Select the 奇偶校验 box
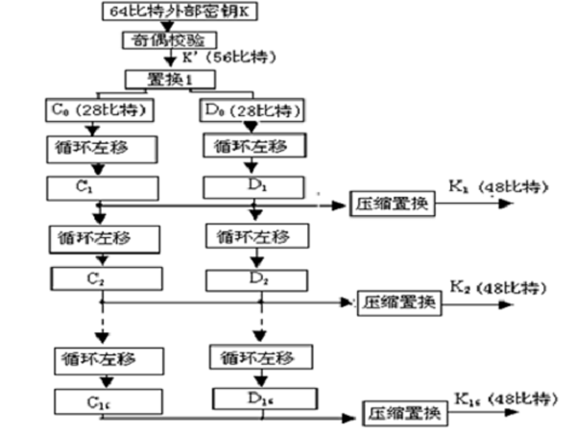[x=162, y=39]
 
